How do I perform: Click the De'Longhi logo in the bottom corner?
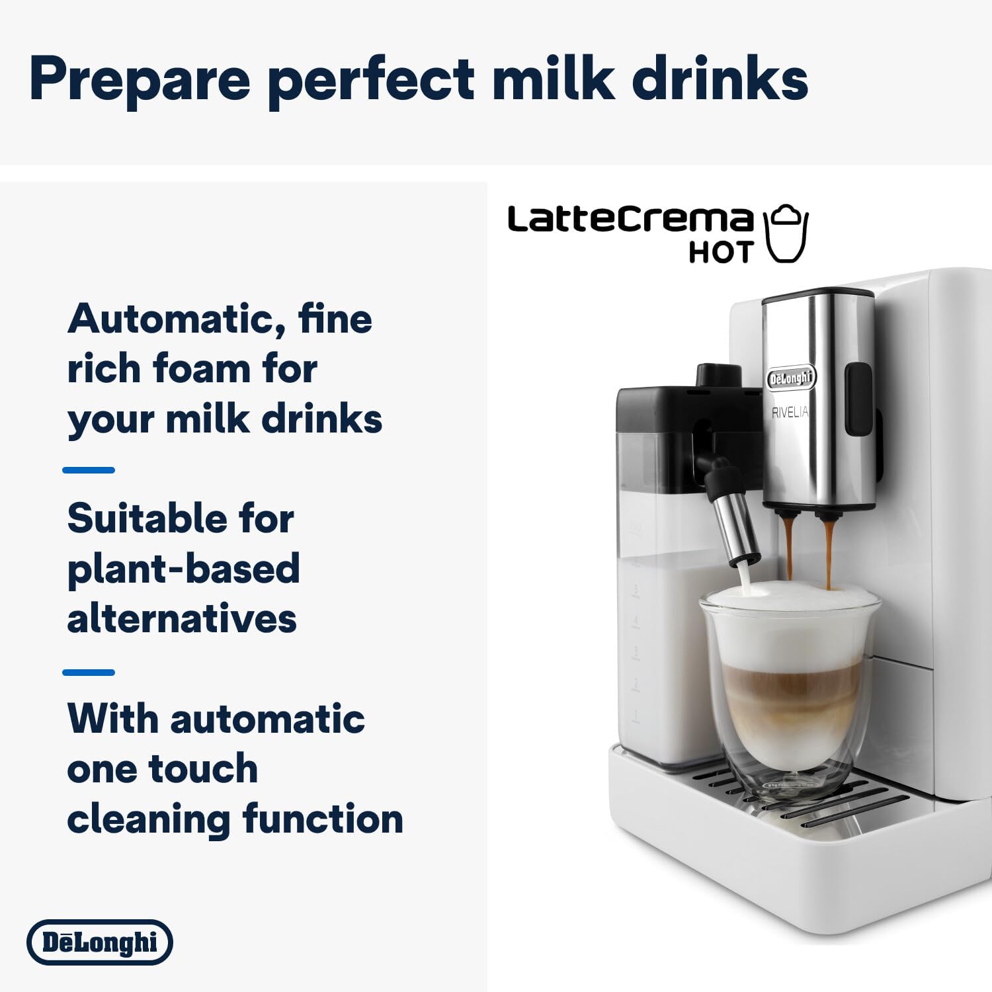100,942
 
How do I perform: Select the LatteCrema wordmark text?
630,220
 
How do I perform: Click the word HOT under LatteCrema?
721,253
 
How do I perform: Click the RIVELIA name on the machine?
790,413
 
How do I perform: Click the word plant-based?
184,569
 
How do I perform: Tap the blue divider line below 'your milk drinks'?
89,470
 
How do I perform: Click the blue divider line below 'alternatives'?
89,673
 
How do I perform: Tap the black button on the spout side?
858,399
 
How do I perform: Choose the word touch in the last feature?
204,768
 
